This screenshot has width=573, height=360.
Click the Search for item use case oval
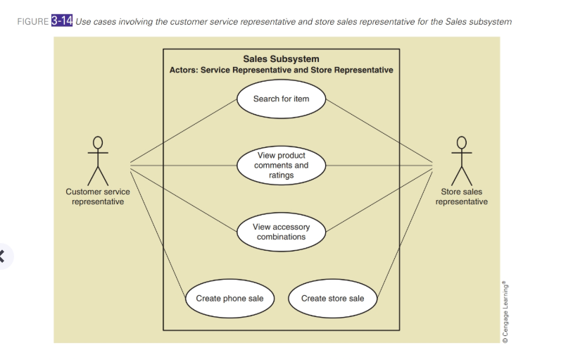281,99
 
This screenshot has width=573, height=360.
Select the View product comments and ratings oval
281,166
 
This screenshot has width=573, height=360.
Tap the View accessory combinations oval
281,232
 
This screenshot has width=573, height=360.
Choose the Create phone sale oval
230,299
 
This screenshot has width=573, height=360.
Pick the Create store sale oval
332,299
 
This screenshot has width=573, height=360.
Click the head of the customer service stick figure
98,143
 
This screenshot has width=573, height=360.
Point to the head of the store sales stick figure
462,143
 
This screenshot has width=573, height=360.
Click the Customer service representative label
98,197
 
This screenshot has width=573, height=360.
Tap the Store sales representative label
462,197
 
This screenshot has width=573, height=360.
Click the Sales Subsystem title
281,59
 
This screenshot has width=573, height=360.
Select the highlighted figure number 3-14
62,20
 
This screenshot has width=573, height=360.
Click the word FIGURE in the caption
33,22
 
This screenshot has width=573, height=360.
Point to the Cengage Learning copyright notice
505,311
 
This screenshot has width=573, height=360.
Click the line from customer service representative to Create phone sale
158,234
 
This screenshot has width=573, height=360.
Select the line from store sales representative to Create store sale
405,234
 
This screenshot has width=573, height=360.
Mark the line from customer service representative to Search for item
184,130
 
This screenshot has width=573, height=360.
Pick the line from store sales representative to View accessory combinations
379,200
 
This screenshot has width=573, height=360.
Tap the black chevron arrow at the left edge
2,256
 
